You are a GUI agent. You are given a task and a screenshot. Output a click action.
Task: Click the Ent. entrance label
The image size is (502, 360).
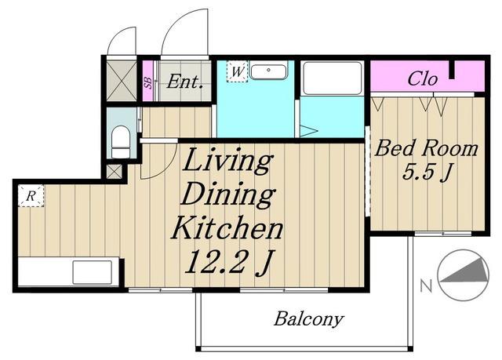tap(185, 82)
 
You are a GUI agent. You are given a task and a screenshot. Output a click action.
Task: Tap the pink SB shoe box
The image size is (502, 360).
tap(147, 82)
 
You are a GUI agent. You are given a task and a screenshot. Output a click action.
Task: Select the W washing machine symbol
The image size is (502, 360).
tap(237, 71)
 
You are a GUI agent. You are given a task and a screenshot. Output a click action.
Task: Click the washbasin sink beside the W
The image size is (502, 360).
tap(268, 71)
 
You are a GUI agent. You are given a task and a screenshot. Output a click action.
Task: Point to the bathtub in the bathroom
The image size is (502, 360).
tap(332, 78)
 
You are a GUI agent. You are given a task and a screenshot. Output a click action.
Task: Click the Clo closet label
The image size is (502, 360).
tap(422, 78)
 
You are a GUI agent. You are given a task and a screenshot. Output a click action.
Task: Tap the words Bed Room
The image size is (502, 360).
tap(426, 149)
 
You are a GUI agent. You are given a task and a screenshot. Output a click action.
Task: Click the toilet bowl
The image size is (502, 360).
tap(121, 142)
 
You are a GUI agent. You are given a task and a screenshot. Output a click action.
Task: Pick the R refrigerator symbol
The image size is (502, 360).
tap(31, 196)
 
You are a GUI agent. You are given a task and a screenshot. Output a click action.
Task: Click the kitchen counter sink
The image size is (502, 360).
tap(93, 272)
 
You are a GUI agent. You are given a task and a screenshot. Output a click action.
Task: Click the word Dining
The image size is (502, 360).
tap(228, 195)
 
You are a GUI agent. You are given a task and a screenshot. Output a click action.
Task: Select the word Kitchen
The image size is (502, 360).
tap(227, 227)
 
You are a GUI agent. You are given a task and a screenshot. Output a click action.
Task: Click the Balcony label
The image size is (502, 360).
tap(308, 319)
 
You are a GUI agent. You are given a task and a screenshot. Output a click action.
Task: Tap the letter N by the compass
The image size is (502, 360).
tap(426, 285)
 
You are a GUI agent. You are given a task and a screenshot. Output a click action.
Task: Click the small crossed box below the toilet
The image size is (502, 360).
tap(115, 172)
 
